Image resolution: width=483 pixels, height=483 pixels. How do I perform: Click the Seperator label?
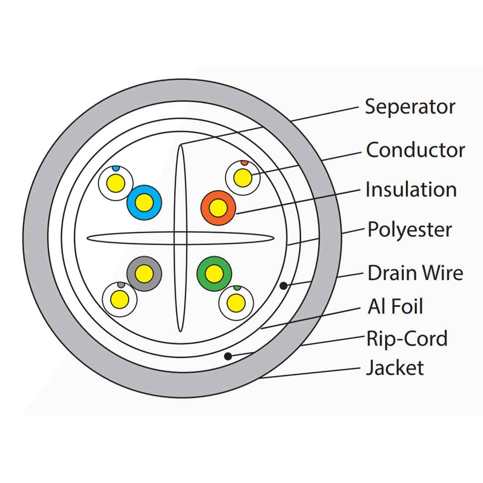coord(410,107)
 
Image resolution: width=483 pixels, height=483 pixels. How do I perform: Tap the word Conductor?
coord(415,150)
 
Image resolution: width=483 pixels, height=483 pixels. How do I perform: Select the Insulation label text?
coord(411,190)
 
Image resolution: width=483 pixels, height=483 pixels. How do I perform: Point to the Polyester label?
coord(410,230)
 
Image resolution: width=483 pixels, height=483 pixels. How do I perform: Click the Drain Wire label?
coord(415,273)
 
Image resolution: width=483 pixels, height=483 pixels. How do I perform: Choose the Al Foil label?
coord(395,306)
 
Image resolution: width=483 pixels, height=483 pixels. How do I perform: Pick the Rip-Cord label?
coord(407,339)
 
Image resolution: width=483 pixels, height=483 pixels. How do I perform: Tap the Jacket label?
coord(395,368)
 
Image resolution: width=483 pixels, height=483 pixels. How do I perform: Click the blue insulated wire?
coord(144,202)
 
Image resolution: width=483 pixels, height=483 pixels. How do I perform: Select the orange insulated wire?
coord(218,208)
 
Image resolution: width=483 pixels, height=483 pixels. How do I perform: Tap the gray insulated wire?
coord(144,274)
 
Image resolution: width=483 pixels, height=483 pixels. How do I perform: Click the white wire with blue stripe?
coord(116,183)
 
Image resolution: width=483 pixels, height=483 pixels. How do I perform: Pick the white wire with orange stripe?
coord(242,178)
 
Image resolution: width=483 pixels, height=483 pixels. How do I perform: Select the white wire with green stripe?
coord(236,303)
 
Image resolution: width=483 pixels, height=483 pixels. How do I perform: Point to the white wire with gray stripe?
coord(119,299)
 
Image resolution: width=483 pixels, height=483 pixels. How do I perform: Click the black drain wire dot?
coord(284,286)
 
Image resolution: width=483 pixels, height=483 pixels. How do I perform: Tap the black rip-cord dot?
coord(228,356)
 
